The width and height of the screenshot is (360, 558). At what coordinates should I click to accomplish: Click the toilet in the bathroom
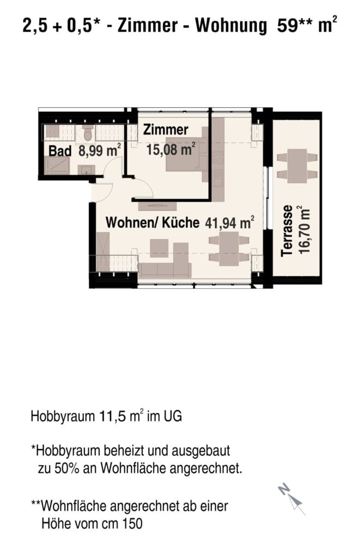[x=88, y=132]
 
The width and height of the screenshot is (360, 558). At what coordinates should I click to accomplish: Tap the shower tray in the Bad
[x=57, y=166]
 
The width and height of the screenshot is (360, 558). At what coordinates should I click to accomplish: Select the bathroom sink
[x=87, y=170]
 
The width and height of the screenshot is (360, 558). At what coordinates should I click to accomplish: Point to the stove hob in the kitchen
[x=218, y=157]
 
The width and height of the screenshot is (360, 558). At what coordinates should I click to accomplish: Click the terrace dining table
[x=297, y=166]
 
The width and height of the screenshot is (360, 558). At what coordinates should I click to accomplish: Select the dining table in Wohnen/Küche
[x=229, y=248]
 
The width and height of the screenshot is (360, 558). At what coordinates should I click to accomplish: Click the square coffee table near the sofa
[x=159, y=248]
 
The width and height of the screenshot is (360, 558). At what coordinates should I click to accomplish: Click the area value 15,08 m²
[x=171, y=149]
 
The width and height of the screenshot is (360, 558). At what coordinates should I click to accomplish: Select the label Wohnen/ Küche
[x=152, y=223]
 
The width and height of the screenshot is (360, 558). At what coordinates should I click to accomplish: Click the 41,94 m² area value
[x=229, y=223]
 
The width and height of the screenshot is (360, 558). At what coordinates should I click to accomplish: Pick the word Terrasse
[x=286, y=231]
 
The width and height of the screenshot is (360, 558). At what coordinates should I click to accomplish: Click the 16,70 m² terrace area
[x=304, y=229]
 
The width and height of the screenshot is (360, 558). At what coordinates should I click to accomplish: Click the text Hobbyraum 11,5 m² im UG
[x=106, y=416]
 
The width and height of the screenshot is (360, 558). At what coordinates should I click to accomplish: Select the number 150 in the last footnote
[x=132, y=524]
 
